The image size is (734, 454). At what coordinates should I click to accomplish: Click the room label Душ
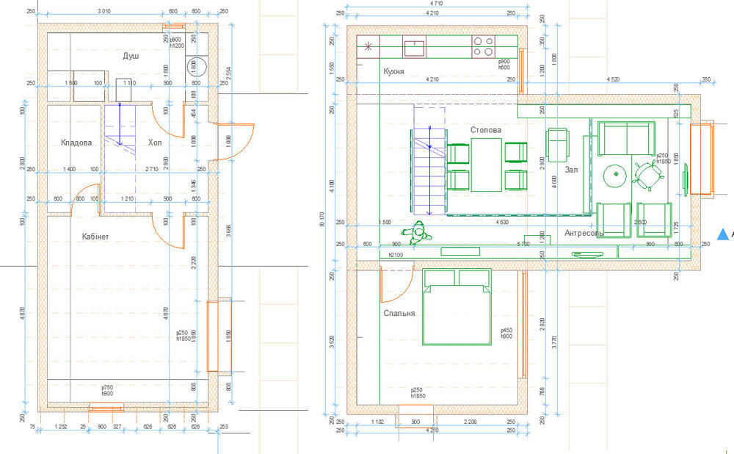(131, 56)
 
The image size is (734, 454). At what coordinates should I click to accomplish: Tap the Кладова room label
(76, 143)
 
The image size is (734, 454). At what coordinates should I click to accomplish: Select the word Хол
(155, 143)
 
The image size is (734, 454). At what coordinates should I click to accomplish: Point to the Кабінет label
(95, 237)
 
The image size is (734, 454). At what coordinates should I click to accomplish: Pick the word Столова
(486, 130)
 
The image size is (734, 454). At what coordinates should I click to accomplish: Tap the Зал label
(572, 170)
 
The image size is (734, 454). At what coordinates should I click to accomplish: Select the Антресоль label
(584, 234)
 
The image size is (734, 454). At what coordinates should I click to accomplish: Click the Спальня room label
(399, 313)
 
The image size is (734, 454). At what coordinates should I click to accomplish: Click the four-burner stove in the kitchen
(483, 47)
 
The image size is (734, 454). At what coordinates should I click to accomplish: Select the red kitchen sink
(415, 48)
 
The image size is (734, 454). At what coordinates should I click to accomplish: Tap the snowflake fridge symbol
(368, 48)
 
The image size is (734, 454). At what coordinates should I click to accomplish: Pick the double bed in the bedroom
(457, 306)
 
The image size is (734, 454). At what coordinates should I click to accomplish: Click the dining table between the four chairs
(486, 165)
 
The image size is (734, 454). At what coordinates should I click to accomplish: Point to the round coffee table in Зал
(613, 175)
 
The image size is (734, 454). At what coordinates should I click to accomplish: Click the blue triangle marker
(723, 234)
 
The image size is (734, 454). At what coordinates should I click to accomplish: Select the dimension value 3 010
(108, 12)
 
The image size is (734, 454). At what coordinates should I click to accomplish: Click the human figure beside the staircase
(419, 234)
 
